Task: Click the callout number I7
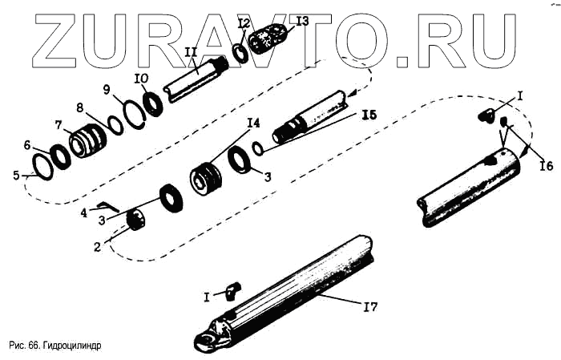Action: click(370, 306)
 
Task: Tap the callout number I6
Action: click(547, 166)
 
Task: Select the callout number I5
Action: click(369, 115)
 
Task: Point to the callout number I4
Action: click(253, 123)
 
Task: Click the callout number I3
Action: click(302, 21)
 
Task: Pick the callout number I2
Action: click(244, 24)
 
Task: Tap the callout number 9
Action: click(107, 90)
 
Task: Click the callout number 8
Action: click(80, 107)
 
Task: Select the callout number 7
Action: click(59, 125)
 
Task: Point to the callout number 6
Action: click(27, 145)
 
